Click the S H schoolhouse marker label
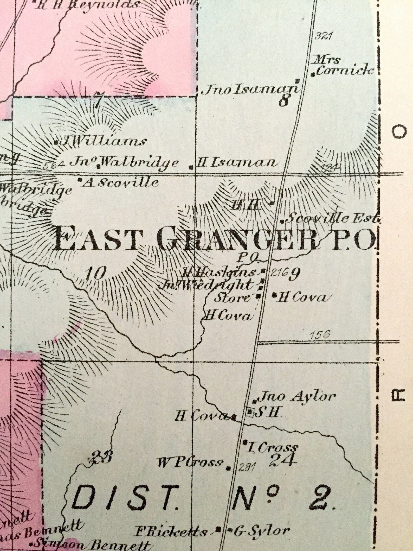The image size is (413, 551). coord(268,412)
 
